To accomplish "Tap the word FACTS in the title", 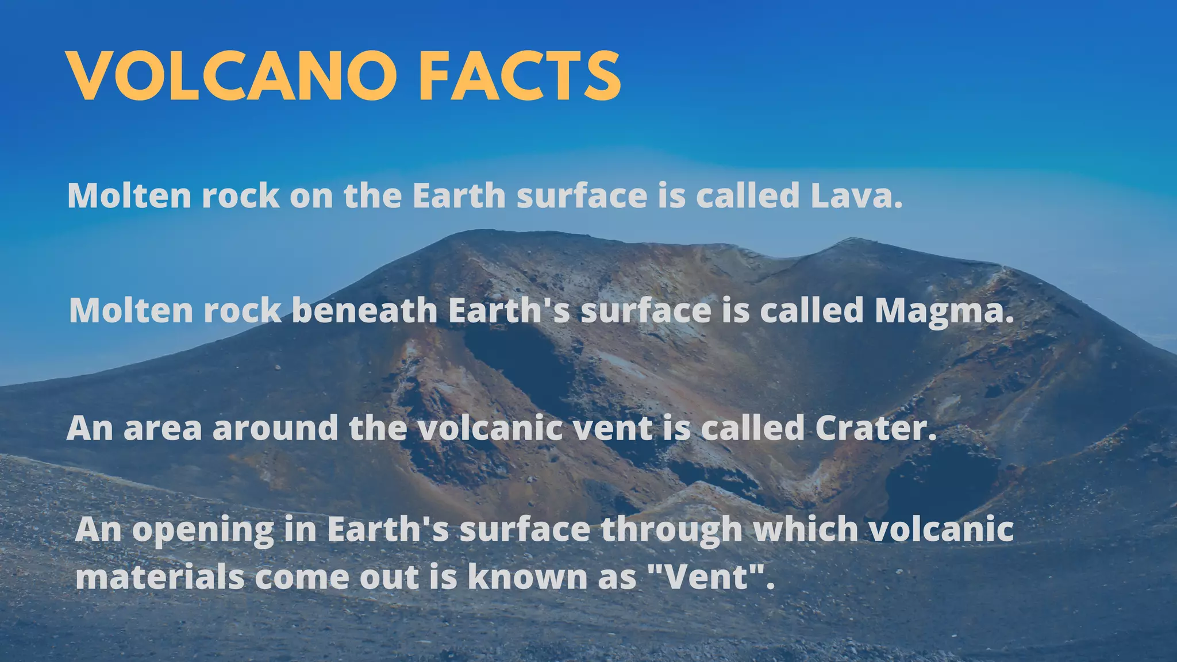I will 520,76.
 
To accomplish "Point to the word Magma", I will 944,311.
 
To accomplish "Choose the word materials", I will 160,576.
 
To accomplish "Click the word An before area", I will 90,428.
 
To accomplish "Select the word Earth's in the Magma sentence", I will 509,310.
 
